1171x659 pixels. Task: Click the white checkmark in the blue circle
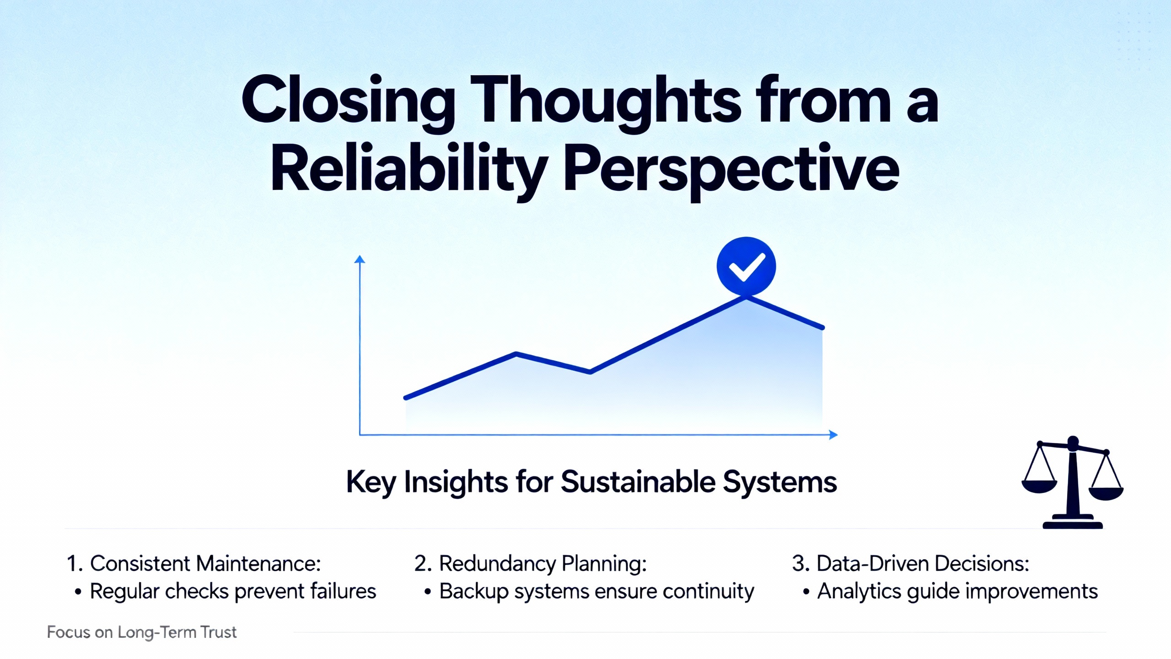(746, 266)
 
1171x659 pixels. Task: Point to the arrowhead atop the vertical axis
(360, 259)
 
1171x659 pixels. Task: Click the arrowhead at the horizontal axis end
(833, 435)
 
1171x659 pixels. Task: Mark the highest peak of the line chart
(746, 297)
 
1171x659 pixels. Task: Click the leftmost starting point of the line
(406, 398)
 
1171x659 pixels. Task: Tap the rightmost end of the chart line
(822, 327)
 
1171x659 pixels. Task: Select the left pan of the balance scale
(1039, 487)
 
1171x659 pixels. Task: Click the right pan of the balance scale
(1106, 493)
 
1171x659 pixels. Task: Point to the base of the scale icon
(1073, 522)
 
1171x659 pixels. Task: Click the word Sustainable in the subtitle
(638, 482)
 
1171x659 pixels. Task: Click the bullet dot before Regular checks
(78, 592)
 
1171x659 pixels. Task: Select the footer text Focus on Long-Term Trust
(142, 632)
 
